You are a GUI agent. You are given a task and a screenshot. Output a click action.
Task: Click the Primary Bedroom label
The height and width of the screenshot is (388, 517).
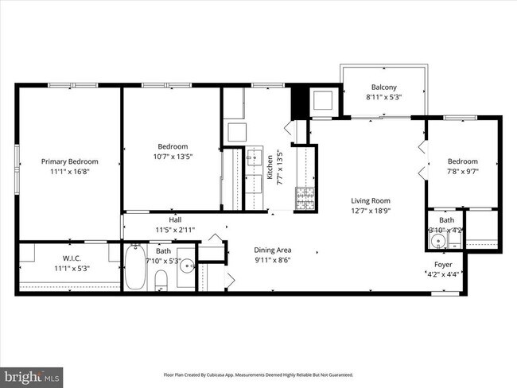[x=68, y=161]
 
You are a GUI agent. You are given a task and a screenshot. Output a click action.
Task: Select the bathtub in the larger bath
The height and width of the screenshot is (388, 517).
[x=135, y=269]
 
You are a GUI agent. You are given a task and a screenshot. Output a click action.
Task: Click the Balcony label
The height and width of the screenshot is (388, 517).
[x=383, y=87]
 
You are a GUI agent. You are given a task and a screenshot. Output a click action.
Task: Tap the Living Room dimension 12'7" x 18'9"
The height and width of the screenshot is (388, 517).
[x=371, y=211]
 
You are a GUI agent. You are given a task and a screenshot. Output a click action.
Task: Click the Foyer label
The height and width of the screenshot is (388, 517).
[x=443, y=264]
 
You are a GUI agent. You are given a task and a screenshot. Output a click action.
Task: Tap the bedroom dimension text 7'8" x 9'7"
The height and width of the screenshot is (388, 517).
[x=462, y=171]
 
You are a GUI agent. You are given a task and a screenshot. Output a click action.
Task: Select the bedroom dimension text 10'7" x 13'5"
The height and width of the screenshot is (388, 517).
[x=172, y=157]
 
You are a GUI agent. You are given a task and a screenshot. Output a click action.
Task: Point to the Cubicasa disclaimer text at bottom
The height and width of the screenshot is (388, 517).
[x=258, y=374]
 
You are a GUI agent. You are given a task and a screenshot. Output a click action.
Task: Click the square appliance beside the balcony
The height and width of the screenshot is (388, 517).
[x=324, y=102]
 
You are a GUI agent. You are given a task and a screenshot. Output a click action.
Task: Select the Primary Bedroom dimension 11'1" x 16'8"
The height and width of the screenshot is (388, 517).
[x=68, y=171]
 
